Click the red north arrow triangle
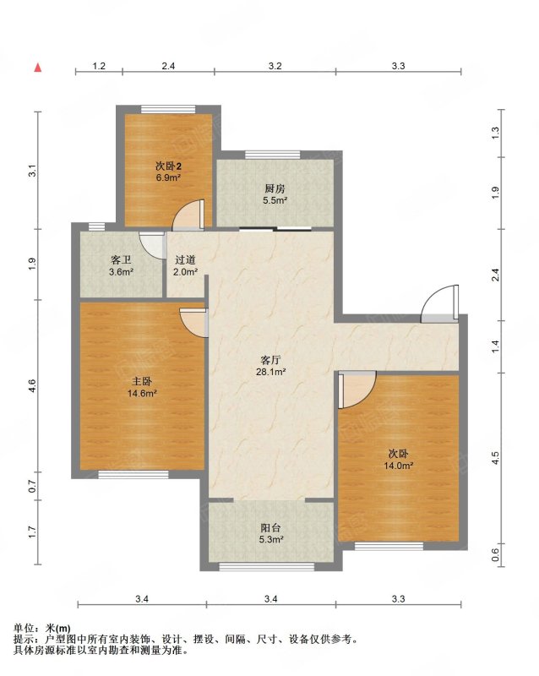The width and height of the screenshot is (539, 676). coord(38,68)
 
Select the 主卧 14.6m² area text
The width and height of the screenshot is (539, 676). coord(142,393)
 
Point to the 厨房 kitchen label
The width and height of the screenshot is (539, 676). coord(275,188)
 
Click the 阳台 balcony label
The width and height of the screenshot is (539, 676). coord(271,527)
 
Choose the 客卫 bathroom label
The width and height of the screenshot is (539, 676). coord(121,260)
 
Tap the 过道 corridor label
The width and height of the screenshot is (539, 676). coord(185,260)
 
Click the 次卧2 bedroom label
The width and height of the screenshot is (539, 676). coord(168,166)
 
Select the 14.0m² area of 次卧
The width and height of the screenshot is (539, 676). coord(399,466)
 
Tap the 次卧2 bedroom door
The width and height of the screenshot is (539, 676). coord(188,215)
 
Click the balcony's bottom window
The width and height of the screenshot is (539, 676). coord(268,566)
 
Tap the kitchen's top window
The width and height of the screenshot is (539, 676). coord(273,155)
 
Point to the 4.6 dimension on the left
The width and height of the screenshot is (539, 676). coord(32,385)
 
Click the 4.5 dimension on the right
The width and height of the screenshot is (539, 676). coord(495,458)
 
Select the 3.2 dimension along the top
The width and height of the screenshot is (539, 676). coord(275,66)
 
